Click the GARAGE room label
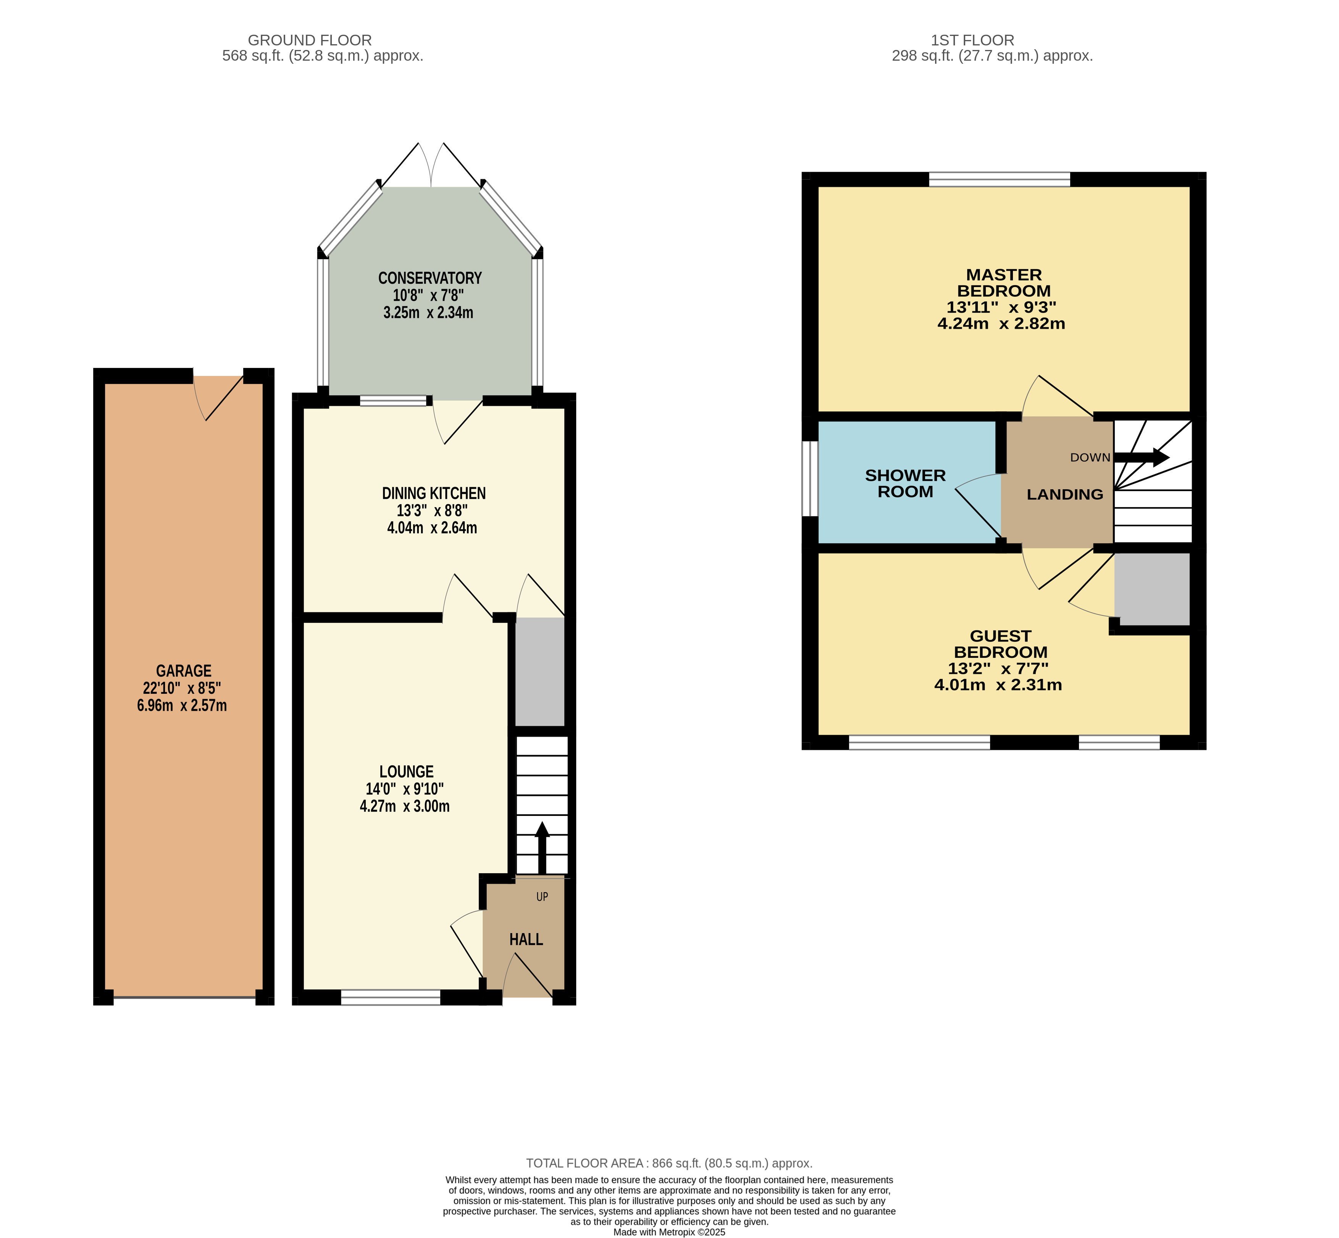point(184,671)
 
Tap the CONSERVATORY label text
point(430,278)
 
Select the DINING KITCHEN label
point(434,493)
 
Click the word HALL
point(526,939)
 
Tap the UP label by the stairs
point(542,896)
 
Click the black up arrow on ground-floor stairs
point(542,848)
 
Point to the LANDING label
point(1065,494)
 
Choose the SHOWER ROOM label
point(905,483)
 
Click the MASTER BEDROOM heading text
point(1004,283)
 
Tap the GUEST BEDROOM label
point(1001,644)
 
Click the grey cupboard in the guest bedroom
point(1152,589)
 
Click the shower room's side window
point(810,478)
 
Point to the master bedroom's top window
point(999,179)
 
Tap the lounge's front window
point(391,998)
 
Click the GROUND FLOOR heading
point(310,40)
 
